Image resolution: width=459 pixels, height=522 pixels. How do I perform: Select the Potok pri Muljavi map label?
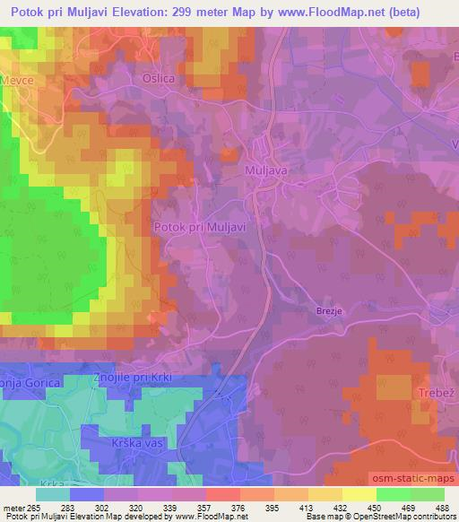pos(200,227)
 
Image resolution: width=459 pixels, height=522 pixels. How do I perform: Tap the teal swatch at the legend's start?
pos(53,494)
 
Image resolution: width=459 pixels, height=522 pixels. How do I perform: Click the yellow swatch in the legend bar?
pos(359,494)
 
